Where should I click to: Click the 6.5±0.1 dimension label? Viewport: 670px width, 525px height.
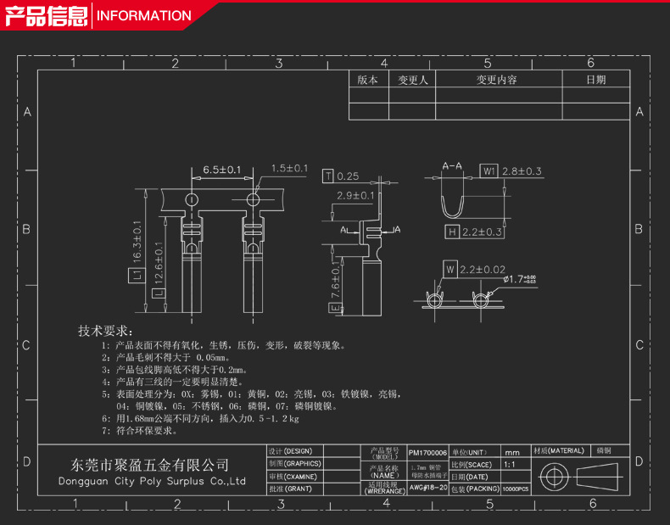[x=222, y=170]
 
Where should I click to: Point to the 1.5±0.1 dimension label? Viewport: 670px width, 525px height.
[x=289, y=169]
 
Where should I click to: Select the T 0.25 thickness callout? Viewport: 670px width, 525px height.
[x=341, y=176]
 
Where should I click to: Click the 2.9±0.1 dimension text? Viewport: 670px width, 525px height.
[x=356, y=196]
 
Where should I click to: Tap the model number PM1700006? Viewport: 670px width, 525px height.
[x=427, y=453]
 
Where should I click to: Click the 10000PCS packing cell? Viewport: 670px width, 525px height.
[x=515, y=489]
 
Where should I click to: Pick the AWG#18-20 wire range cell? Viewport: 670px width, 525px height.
[x=427, y=489]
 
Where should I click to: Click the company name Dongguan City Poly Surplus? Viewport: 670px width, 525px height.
[x=151, y=481]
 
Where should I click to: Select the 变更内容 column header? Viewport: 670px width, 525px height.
[x=496, y=80]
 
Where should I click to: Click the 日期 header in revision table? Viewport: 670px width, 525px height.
[x=596, y=80]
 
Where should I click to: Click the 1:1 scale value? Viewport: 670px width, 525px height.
[x=510, y=465]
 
